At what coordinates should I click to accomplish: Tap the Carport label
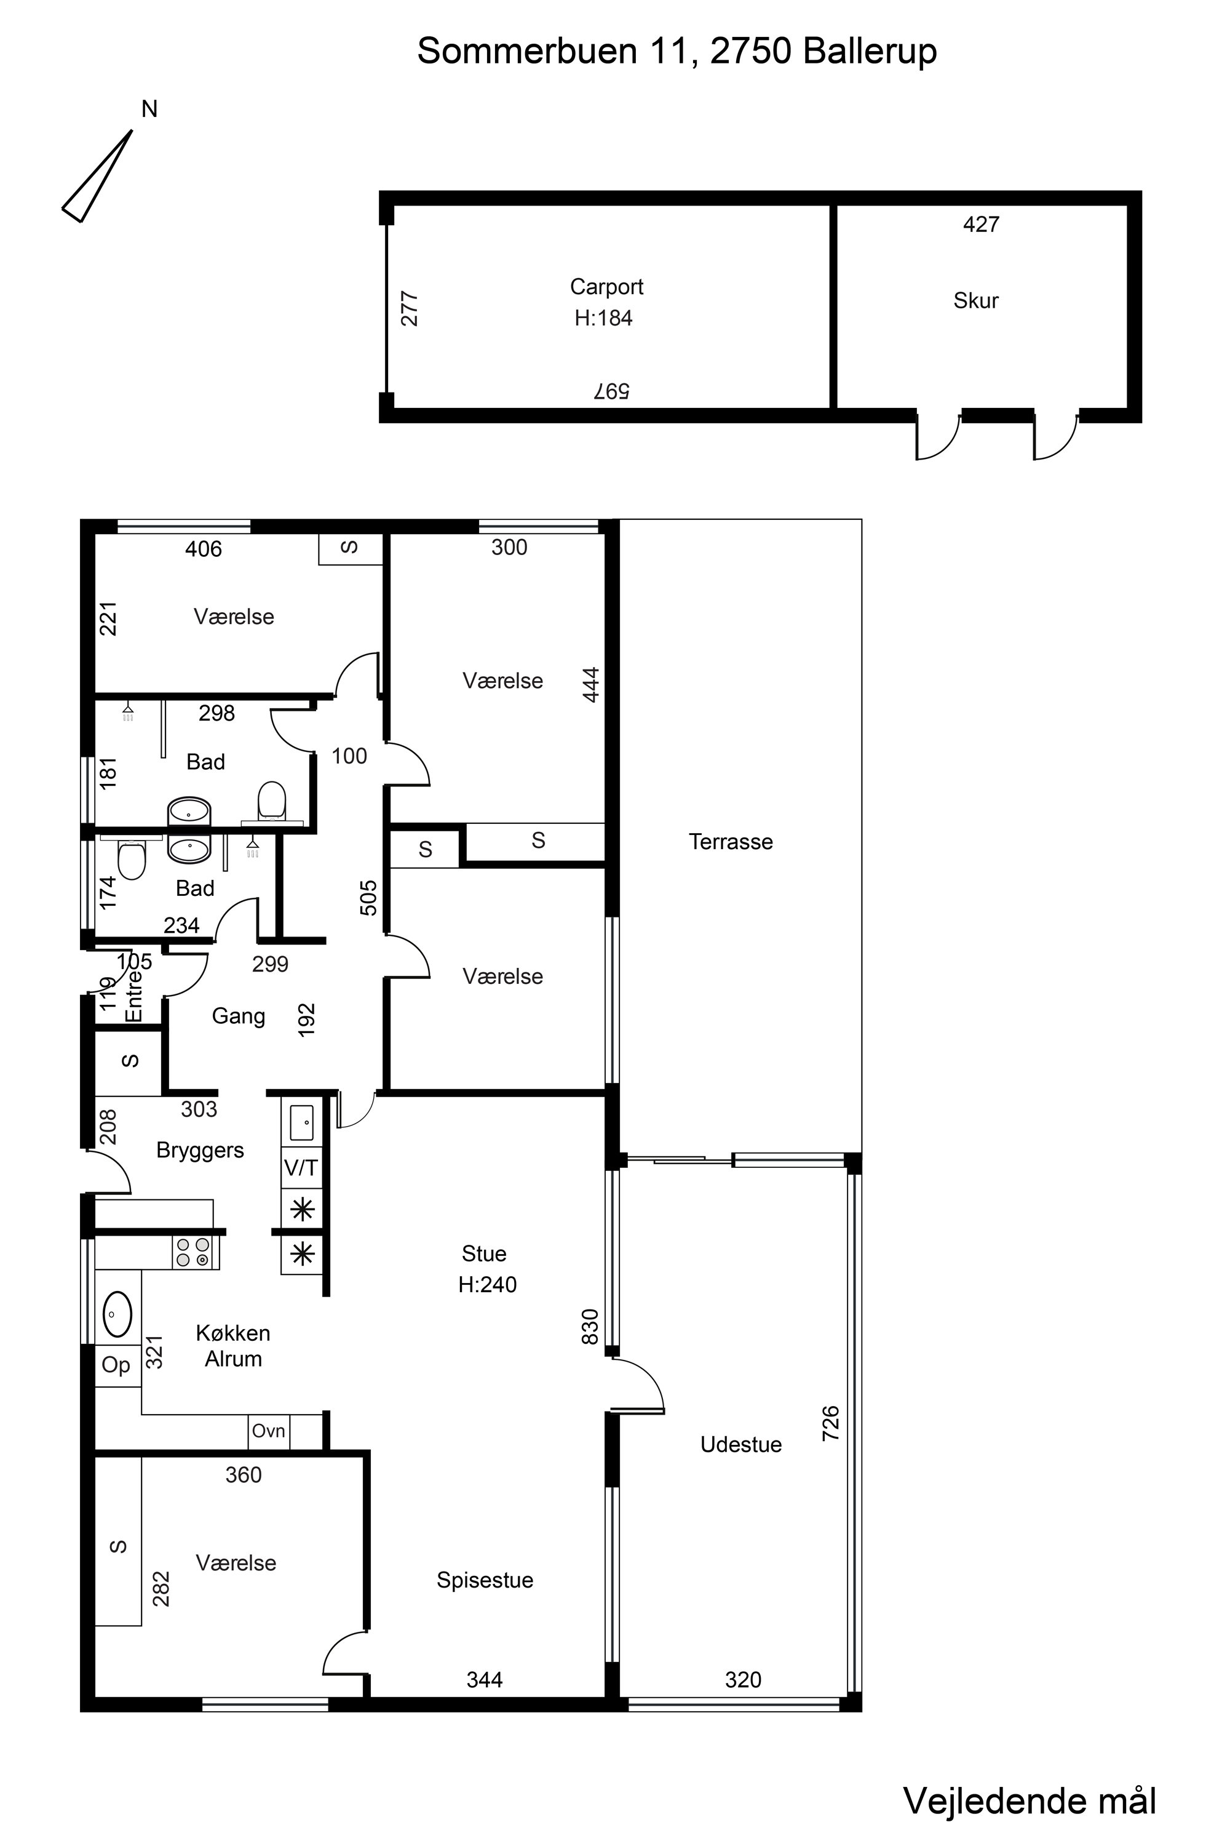point(606,287)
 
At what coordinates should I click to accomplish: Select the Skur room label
point(976,301)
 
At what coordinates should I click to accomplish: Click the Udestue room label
point(740,1444)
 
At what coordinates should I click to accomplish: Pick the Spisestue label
point(485,1580)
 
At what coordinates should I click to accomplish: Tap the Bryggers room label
point(200,1150)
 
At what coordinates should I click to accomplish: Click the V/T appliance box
point(302,1168)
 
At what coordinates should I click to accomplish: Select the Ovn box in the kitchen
point(268,1431)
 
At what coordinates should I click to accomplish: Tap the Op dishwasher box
point(117,1365)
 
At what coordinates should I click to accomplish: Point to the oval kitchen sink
point(117,1314)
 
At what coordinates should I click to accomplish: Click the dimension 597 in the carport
point(611,391)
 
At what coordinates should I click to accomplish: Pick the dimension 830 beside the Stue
point(590,1327)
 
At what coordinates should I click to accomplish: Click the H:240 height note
point(487,1285)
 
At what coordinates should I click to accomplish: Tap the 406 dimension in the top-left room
point(203,549)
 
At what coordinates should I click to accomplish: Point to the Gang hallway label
point(239,1017)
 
